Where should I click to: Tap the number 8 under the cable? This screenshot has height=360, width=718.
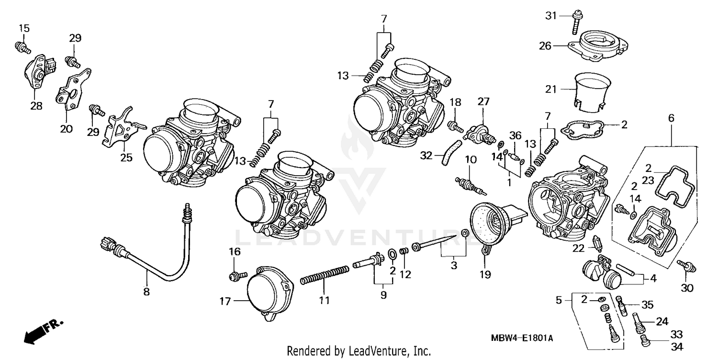click(146, 292)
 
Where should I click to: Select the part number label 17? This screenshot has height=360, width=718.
click(225, 302)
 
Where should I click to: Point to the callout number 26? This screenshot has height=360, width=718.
click(545, 46)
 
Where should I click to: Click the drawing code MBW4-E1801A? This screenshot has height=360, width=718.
click(522, 338)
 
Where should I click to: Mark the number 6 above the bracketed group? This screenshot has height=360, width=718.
click(671, 117)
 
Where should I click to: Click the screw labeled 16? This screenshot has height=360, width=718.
click(237, 275)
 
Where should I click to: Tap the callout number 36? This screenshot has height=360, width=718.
click(515, 135)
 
